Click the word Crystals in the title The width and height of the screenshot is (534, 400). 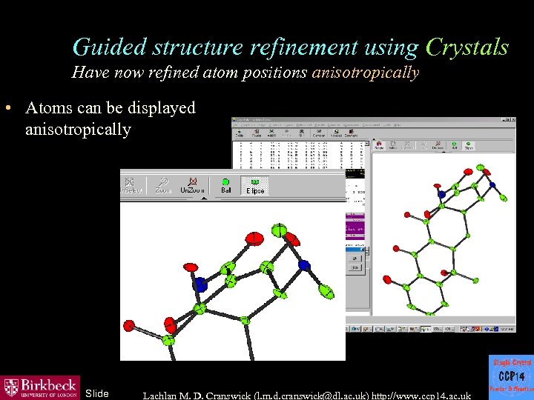[467, 47]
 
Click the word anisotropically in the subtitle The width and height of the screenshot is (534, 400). [366, 73]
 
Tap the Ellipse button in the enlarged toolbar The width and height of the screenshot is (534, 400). [255, 185]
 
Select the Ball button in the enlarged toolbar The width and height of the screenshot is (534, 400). [226, 185]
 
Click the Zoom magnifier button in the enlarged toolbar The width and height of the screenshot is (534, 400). [163, 185]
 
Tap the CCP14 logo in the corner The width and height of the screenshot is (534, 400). [511, 377]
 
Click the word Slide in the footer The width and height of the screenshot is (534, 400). [96, 393]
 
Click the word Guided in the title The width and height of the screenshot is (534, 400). [111, 47]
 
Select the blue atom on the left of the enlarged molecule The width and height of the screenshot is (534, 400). [200, 283]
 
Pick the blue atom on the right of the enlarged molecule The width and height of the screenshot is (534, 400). [303, 264]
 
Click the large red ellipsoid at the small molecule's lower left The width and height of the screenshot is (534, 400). [386, 280]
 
